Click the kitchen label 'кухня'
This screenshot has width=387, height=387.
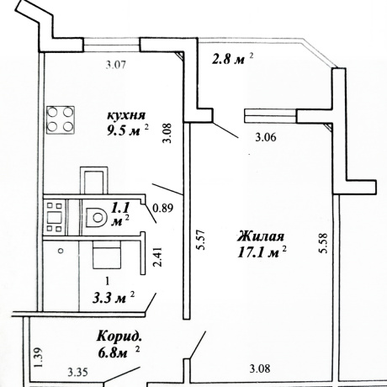coord(126,115)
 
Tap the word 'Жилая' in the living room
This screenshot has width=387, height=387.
coord(261,236)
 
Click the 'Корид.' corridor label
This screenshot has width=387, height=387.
coord(119,337)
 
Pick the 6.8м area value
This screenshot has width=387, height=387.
coord(113,353)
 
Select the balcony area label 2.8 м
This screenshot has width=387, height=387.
coord(228,60)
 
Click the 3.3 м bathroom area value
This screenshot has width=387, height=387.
coord(109,298)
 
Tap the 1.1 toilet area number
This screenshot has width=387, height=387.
coord(120,209)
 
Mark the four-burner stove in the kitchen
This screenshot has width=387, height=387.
coord(61,119)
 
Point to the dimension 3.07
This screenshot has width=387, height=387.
coord(116,66)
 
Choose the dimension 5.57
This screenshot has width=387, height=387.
coord(201,240)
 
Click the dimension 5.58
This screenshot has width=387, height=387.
coord(323,243)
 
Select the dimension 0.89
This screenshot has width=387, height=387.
coord(162,208)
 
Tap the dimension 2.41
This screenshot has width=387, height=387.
coord(158,257)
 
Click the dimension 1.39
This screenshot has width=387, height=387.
coord(38,358)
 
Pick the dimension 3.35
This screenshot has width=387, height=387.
coord(78,373)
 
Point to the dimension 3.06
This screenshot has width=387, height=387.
coord(266,137)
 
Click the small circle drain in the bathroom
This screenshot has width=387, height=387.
coord(61,251)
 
